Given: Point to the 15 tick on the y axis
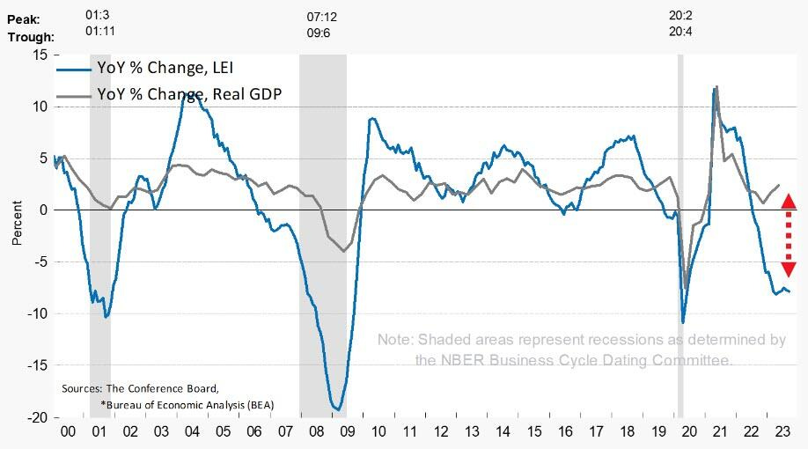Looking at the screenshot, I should click(x=39, y=55).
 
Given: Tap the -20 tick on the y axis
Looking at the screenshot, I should click(x=36, y=417).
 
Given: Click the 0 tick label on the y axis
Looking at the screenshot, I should click(x=42, y=210).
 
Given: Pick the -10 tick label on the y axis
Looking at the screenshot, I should click(x=36, y=313).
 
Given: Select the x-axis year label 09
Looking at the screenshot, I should click(x=346, y=432).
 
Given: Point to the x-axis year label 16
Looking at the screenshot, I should click(x=564, y=432).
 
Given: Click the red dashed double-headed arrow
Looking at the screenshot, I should click(x=789, y=234).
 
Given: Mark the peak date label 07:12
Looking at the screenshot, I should click(x=321, y=18).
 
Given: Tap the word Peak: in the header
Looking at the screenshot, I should click(x=24, y=18).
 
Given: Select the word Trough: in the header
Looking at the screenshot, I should click(x=31, y=37).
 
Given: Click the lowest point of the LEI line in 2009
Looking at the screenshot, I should click(x=338, y=409).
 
